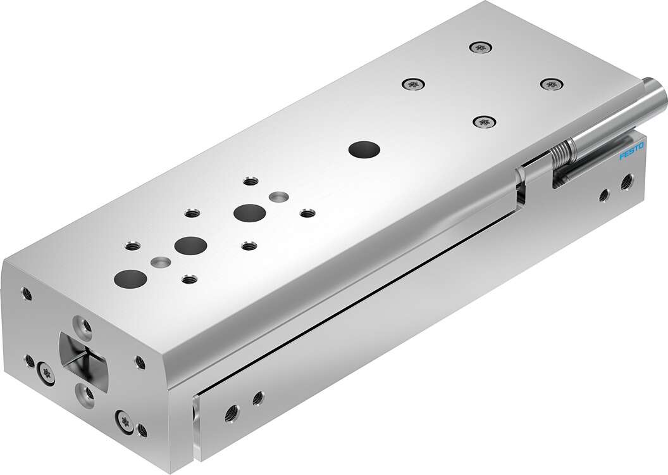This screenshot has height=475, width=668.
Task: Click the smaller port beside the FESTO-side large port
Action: click(604, 193)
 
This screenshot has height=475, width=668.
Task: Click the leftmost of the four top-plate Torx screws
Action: click(413, 82)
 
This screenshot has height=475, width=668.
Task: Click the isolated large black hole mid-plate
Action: click(364, 150)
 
